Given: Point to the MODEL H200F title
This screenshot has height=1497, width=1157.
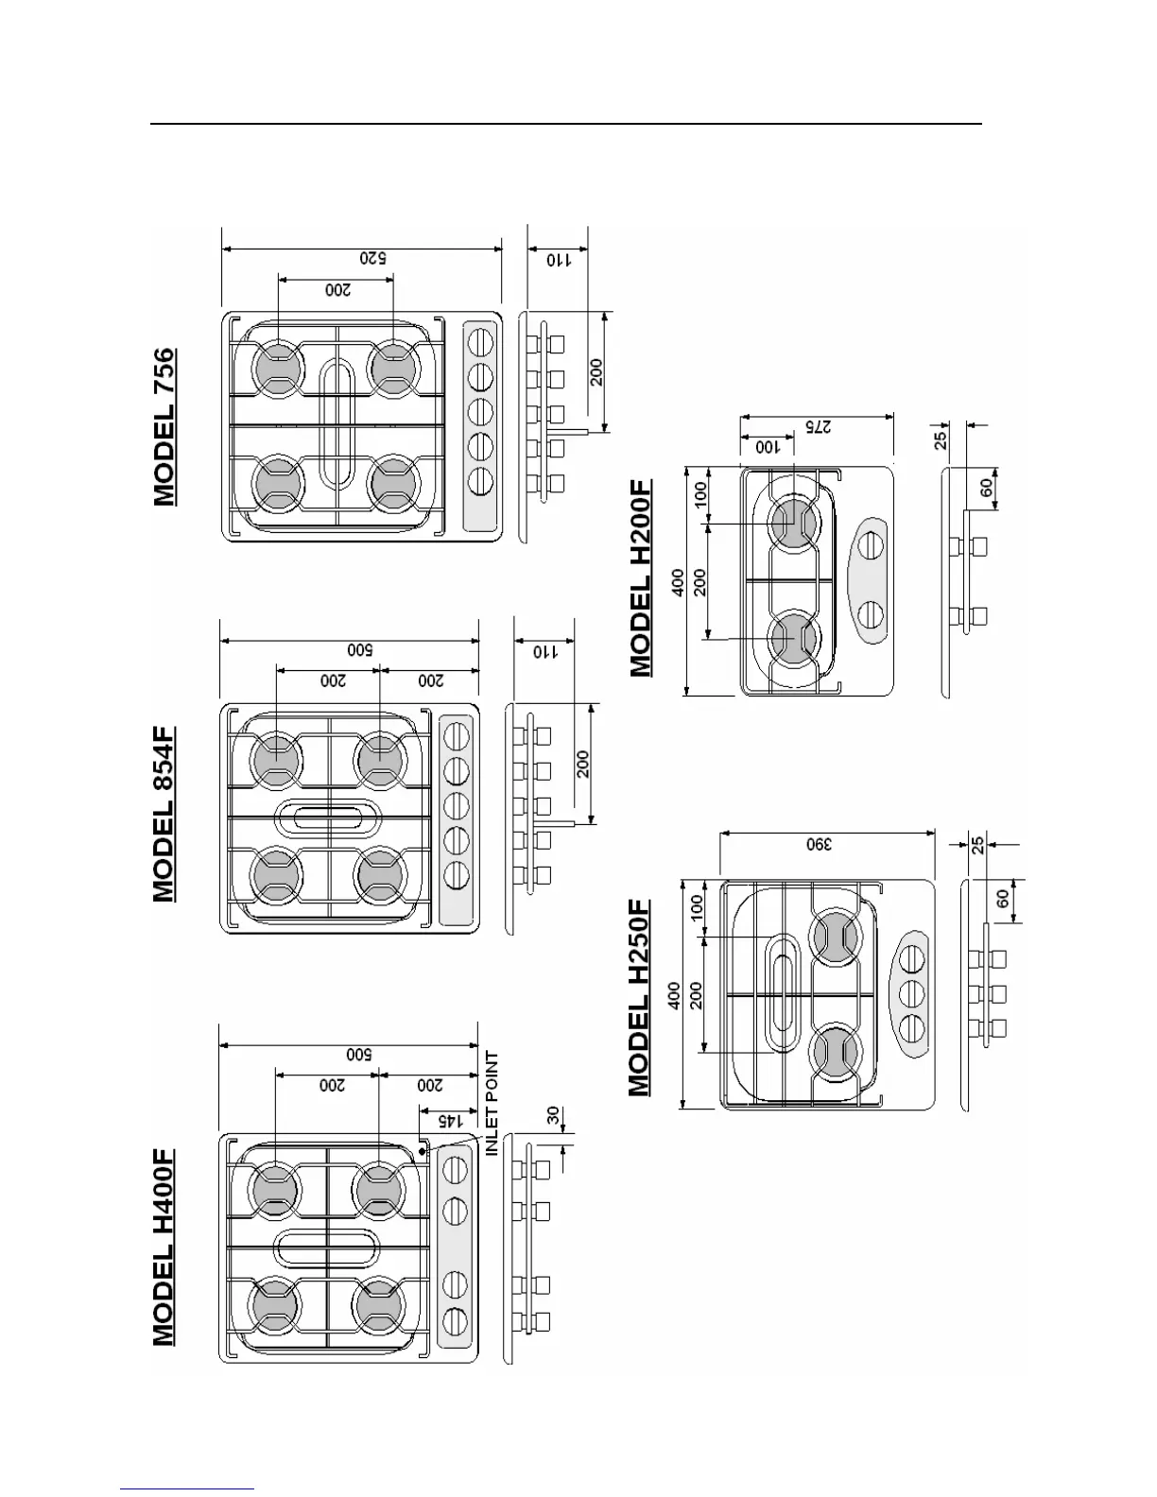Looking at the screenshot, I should [x=641, y=577].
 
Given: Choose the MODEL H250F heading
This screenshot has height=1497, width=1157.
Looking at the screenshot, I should [x=641, y=998].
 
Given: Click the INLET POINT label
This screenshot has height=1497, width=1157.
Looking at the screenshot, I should [x=492, y=1104].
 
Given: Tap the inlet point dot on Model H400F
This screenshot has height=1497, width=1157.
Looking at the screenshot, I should [x=423, y=1150].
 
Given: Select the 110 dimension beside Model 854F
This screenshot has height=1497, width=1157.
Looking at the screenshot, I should [x=542, y=650].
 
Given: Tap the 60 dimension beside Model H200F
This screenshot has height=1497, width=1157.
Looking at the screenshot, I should [x=986, y=488].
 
